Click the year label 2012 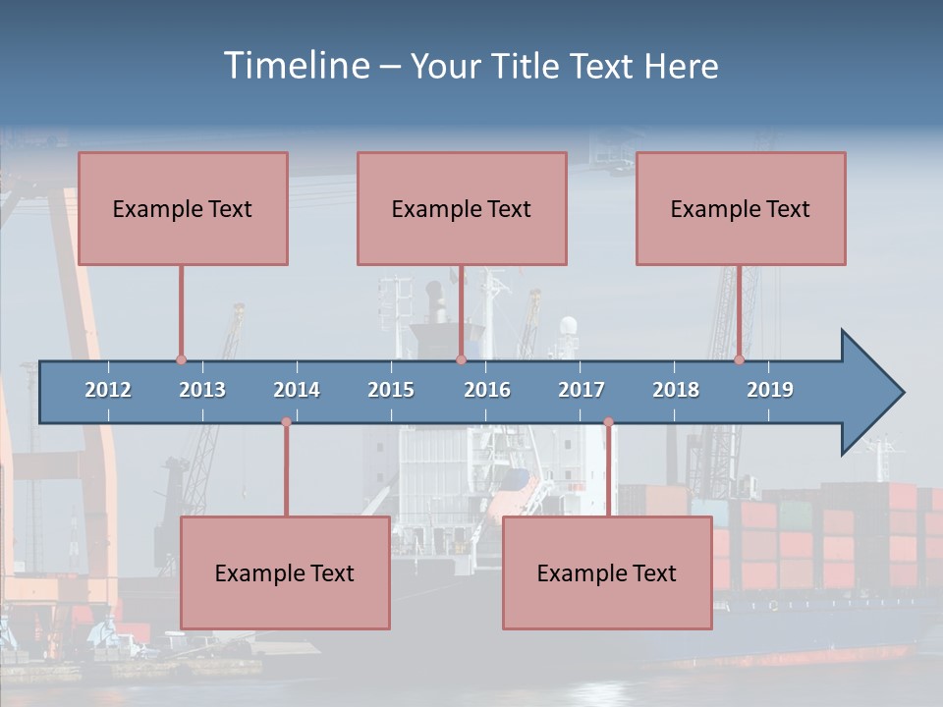tap(108, 390)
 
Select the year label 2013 tap(202, 390)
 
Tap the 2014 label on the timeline tap(297, 390)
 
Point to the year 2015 tap(391, 390)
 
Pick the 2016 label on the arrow tap(487, 390)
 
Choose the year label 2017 tap(582, 390)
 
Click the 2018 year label tap(676, 390)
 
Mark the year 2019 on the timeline tap(770, 390)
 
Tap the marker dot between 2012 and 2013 tap(181, 360)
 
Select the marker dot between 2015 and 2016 tap(461, 360)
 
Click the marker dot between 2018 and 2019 tap(739, 360)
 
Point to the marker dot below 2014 tap(286, 422)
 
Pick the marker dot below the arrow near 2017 tap(608, 422)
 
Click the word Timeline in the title tap(296, 66)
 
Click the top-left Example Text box tap(183, 208)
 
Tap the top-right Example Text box tap(741, 208)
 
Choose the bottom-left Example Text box tap(285, 572)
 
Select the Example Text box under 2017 tap(607, 572)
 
